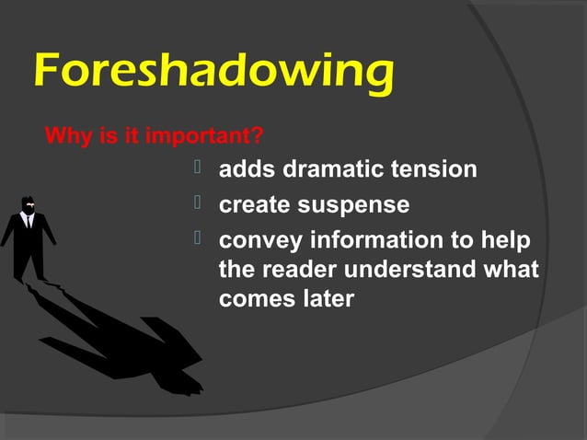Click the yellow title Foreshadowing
(x=213, y=72)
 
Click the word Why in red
(x=63, y=138)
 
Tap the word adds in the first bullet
(x=247, y=170)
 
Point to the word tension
(x=433, y=170)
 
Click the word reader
(x=293, y=270)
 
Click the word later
(x=324, y=299)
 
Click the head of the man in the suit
(x=28, y=203)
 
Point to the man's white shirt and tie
(x=29, y=220)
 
